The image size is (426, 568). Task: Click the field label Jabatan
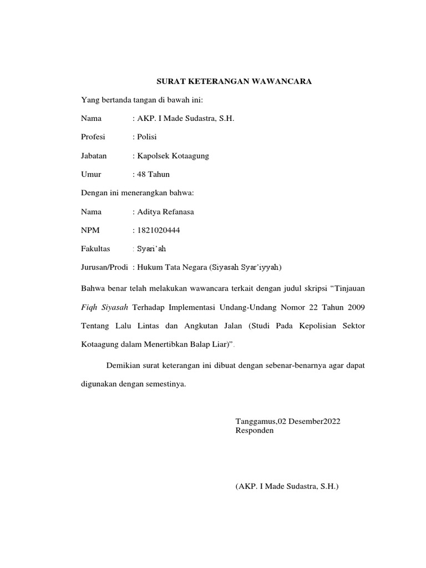pos(94,156)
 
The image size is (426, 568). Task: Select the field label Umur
pos(91,174)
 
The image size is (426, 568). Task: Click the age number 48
pos(141,174)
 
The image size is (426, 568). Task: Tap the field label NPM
pos(90,230)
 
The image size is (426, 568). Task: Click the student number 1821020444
pos(158,230)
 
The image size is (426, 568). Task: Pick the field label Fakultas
pos(95,249)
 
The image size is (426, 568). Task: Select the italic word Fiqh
pos(90,307)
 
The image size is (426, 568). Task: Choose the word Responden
pos(255,430)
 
